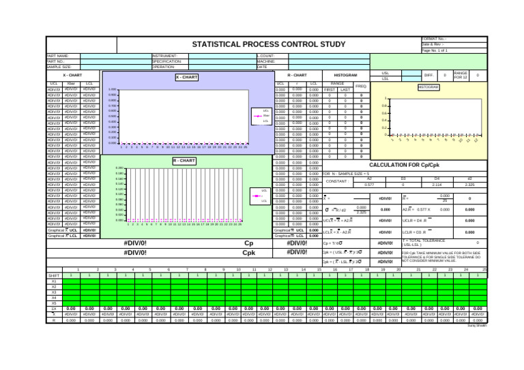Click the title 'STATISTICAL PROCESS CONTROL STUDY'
point(268,45)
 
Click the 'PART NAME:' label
point(58,56)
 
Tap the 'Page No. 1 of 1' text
point(435,50)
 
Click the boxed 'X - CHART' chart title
point(186,77)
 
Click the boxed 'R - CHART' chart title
point(184,161)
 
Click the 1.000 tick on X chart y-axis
point(113,89)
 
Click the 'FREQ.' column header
point(361,87)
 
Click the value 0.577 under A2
point(369,185)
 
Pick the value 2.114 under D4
point(437,185)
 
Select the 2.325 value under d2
point(469,185)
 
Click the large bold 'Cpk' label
point(249,253)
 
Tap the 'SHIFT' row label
point(55,275)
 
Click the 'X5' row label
point(55,303)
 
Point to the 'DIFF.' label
point(428,75)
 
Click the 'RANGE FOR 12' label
point(461,75)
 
